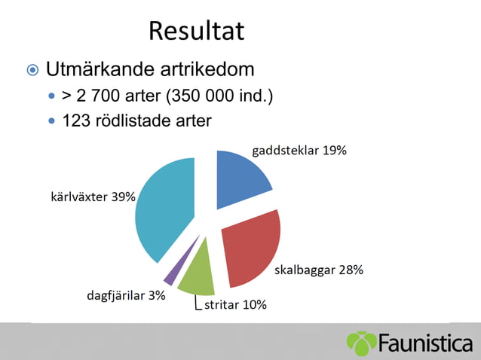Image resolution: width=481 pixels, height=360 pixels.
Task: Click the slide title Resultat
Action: [196, 31]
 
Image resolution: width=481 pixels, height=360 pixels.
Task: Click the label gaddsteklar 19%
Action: [299, 150]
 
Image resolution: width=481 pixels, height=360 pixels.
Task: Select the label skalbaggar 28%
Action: [318, 270]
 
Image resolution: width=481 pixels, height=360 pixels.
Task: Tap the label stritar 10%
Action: [235, 305]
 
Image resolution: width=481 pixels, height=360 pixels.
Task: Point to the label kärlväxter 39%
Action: [93, 197]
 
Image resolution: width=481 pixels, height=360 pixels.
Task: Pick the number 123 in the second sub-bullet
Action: [75, 121]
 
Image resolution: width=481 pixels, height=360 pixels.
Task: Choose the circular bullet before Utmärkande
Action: [32, 71]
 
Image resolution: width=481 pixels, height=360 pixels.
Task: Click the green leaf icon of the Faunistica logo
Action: [361, 343]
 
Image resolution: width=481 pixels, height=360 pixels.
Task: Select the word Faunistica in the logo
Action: [425, 343]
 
